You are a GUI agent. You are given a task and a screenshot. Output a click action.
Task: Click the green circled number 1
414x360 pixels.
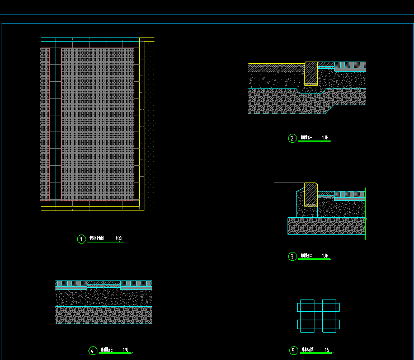coord(82,239)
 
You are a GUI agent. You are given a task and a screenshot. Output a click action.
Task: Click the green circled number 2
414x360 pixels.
coord(292,138)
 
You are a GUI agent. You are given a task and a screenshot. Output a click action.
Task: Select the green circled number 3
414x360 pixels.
coord(292,257)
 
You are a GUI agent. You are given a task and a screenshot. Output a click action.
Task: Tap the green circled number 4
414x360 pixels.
coord(93,350)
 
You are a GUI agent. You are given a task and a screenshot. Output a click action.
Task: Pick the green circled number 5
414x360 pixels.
coord(294,351)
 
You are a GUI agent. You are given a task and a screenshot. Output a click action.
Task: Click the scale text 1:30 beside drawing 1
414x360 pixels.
coord(119,239)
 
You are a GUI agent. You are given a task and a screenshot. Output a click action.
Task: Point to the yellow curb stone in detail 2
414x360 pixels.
coord(311,73)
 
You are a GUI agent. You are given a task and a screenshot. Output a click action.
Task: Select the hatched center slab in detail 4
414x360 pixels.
coord(103,283)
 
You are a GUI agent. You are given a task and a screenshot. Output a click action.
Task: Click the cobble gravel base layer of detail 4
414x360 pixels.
coord(103,315)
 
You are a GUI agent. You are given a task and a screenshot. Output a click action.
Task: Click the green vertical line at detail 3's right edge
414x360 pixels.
coord(365,213)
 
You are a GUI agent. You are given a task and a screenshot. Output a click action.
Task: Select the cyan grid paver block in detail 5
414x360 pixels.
coord(318,315)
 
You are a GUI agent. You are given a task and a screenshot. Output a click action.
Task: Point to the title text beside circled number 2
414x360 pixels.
coord(306,138)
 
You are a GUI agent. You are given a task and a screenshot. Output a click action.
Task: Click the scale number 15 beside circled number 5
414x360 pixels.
coord(326,350)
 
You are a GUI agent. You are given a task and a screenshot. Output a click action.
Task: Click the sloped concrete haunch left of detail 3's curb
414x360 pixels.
coord(298,202)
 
